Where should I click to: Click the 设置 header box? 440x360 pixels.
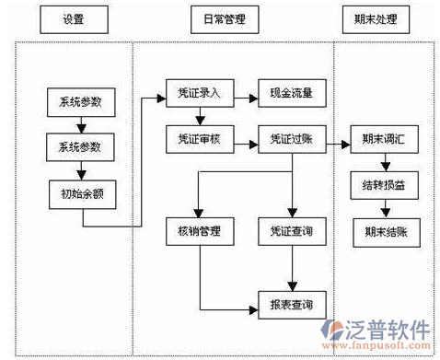[74, 18]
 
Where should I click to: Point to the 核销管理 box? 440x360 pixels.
[200, 229]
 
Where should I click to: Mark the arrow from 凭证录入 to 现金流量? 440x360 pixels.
[246, 93]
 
